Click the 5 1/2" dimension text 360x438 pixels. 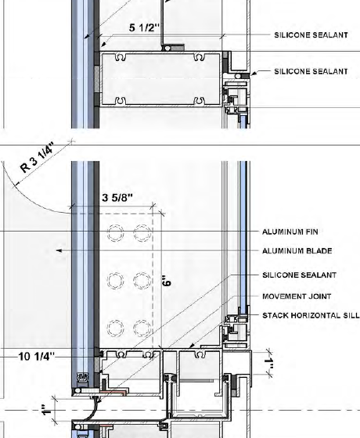click(144, 27)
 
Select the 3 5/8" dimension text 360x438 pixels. click(117, 198)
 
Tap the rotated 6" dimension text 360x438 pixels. click(166, 281)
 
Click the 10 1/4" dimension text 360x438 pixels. click(37, 357)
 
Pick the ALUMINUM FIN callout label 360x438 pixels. click(290, 232)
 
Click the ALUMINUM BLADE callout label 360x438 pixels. click(297, 251)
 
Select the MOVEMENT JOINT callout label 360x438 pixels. click(297, 296)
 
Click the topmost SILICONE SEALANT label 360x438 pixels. click(311, 35)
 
